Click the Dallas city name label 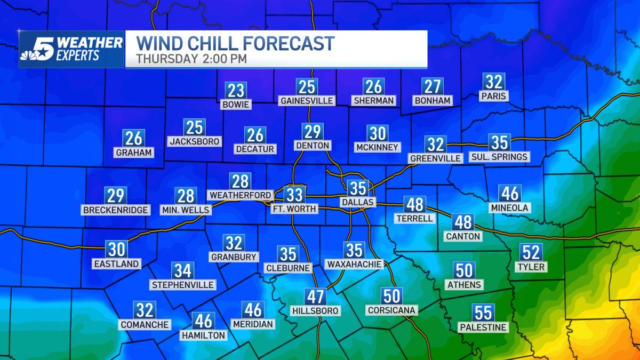(358, 202)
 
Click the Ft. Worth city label (295, 209)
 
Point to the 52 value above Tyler (532, 252)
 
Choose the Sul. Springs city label (499, 156)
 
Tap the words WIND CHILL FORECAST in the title (235, 43)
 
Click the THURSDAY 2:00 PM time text (191, 59)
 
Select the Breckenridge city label (116, 210)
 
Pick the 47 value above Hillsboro (315, 297)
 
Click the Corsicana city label (391, 310)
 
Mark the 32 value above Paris (493, 82)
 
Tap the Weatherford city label (240, 195)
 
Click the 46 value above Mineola (510, 193)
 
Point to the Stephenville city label (183, 285)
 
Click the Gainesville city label (307, 100)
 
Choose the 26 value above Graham (134, 139)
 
